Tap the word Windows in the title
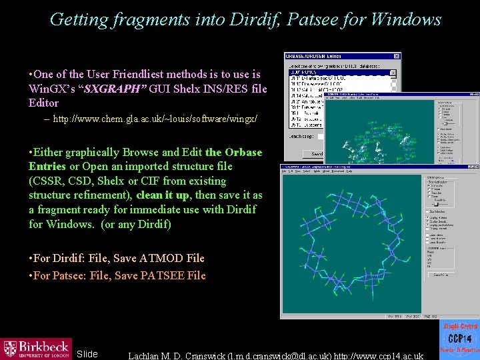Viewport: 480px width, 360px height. tap(405, 19)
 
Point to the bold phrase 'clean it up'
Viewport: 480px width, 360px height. tap(163, 195)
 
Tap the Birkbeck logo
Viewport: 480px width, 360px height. tap(36, 348)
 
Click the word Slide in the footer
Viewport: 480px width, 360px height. tap(87, 354)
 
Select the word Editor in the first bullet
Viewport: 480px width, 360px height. tap(44, 103)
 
